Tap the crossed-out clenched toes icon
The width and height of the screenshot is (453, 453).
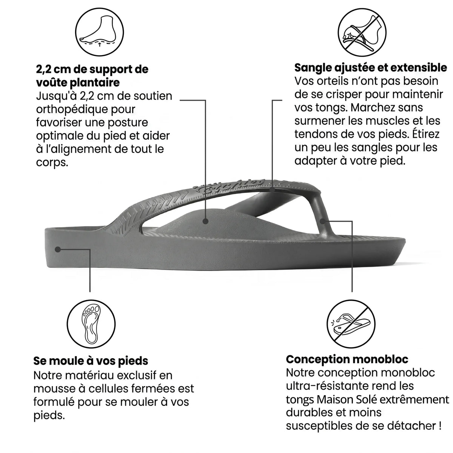click(x=362, y=32)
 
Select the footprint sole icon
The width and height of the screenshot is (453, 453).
click(x=91, y=324)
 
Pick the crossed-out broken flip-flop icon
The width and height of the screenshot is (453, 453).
click(x=351, y=324)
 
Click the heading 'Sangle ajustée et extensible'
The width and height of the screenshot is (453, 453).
click(x=370, y=68)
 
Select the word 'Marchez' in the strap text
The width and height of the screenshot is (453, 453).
click(x=369, y=108)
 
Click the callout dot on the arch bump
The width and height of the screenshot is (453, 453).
click(x=205, y=221)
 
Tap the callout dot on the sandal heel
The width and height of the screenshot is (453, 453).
click(x=58, y=249)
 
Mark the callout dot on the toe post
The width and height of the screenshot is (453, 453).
click(x=323, y=221)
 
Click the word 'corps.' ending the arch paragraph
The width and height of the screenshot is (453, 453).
click(x=52, y=163)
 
